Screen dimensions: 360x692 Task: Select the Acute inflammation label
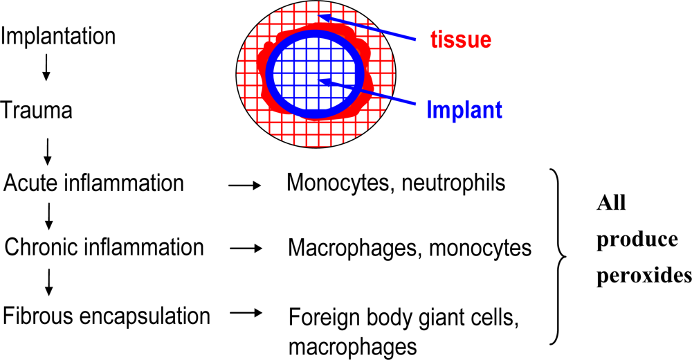coord(94,183)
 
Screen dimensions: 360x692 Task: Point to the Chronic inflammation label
coord(104,246)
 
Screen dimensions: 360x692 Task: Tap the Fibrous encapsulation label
coord(107,316)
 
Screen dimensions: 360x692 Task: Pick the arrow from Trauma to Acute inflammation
coord(47,150)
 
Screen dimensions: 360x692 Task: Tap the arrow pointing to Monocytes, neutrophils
coord(245,185)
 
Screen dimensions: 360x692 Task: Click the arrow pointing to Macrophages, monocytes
coord(246,247)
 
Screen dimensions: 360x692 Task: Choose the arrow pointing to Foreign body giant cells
coord(246,314)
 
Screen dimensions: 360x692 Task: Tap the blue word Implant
coord(463,109)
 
